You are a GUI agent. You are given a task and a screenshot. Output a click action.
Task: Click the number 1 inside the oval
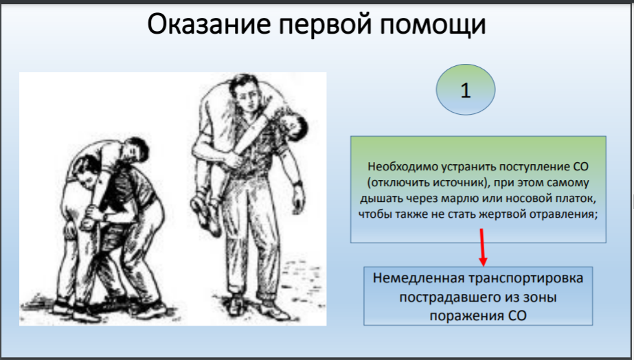[x=466, y=91]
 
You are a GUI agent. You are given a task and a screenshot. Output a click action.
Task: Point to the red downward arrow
[x=482, y=250]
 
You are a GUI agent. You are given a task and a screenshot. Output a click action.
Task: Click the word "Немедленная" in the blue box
[x=416, y=280]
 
